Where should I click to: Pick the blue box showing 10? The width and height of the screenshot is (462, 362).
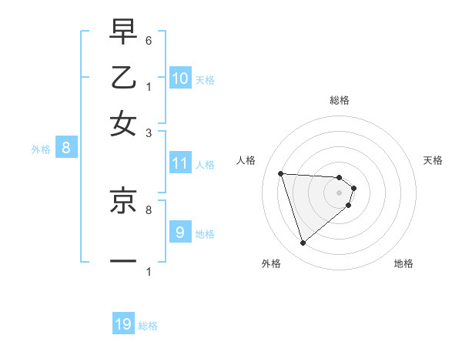(x=180, y=79)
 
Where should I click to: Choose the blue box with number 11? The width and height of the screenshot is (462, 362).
(x=180, y=163)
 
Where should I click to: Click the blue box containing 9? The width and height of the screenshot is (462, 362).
(x=180, y=232)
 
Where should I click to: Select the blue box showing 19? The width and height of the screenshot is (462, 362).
(x=123, y=324)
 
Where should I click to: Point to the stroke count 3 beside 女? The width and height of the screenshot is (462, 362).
(x=149, y=132)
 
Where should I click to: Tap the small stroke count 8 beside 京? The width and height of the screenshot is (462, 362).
(x=149, y=209)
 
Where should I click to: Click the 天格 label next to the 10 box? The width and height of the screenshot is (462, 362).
(x=205, y=79)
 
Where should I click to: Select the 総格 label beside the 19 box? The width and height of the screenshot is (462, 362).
(x=148, y=326)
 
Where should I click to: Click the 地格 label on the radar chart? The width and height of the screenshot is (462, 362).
(x=403, y=263)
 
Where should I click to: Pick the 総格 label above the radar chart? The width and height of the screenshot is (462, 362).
(x=340, y=100)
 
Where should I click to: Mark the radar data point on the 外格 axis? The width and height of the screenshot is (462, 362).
(x=303, y=243)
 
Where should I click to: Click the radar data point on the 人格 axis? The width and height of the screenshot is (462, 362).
(x=281, y=173)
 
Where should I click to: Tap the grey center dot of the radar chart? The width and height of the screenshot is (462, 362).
(x=340, y=192)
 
